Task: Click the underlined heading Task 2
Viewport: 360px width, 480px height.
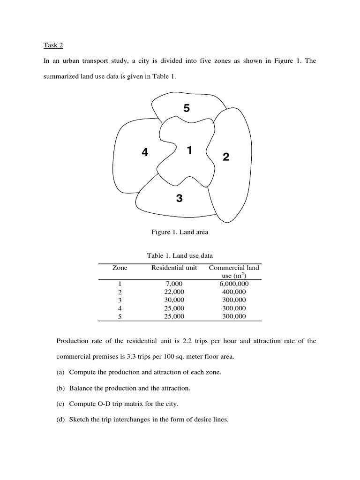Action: pyautogui.click(x=53, y=45)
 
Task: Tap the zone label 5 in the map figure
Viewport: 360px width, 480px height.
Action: pyautogui.click(x=187, y=108)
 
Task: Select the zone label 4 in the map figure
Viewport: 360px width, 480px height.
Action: pyautogui.click(x=145, y=152)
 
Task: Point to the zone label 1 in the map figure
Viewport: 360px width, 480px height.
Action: pyautogui.click(x=189, y=150)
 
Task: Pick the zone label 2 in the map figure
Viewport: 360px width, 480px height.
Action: pyautogui.click(x=226, y=157)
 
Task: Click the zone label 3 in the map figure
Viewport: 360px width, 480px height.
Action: pyautogui.click(x=179, y=198)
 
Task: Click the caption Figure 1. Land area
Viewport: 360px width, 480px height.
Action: pyautogui.click(x=180, y=232)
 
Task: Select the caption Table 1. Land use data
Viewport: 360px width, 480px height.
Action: pyautogui.click(x=180, y=255)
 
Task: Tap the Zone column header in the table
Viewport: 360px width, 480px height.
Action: pyautogui.click(x=120, y=268)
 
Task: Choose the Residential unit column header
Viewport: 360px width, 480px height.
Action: pyautogui.click(x=174, y=268)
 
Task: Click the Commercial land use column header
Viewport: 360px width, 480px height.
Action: pyautogui.click(x=234, y=271)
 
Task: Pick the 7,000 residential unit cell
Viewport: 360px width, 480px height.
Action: pyautogui.click(x=174, y=284)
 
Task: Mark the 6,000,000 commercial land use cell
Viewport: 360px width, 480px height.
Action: pyautogui.click(x=234, y=284)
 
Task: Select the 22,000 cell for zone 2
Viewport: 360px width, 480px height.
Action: pyautogui.click(x=174, y=292)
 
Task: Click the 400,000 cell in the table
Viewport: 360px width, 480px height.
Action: pyautogui.click(x=234, y=292)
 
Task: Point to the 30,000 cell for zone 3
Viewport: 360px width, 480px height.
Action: pyautogui.click(x=174, y=300)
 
